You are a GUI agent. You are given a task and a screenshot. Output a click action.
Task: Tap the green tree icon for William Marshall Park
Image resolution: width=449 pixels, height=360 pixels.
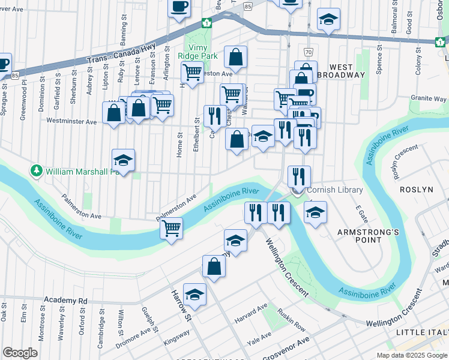pyautogui.click(x=37, y=171)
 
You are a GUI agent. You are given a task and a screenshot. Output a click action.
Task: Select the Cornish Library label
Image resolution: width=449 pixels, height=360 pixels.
pyautogui.click(x=334, y=190)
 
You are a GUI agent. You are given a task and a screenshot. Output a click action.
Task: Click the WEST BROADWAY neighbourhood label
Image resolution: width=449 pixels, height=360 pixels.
pyautogui.click(x=347, y=71)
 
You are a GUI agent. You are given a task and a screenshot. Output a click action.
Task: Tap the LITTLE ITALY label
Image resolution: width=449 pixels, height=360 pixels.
pyautogui.click(x=422, y=332)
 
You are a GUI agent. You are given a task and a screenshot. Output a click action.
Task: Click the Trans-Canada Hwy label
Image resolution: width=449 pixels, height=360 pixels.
pyautogui.click(x=121, y=53)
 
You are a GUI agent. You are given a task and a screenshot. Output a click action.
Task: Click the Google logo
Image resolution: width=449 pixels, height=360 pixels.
pyautogui.click(x=20, y=353)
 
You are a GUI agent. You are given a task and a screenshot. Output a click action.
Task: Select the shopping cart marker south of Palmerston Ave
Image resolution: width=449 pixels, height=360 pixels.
pyautogui.click(x=172, y=229)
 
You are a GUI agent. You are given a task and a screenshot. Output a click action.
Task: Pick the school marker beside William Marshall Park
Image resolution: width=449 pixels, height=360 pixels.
pyautogui.click(x=123, y=160)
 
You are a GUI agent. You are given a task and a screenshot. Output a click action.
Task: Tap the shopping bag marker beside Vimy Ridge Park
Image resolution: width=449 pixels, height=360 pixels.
pyautogui.click(x=237, y=58)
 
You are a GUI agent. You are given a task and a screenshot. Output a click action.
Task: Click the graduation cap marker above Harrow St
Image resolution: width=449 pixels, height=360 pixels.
pyautogui.click(x=194, y=295)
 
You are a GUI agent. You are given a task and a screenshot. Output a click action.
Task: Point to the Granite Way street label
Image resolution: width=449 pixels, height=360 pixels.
pyautogui.click(x=428, y=98)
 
